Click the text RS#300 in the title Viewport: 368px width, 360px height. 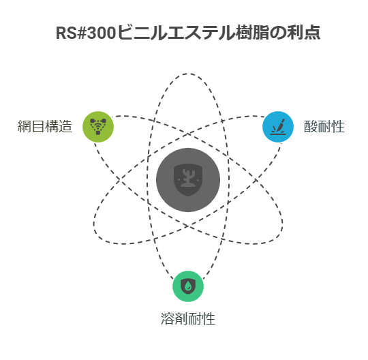click(86, 33)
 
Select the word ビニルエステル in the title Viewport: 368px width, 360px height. click(176, 33)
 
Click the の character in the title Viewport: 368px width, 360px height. click(278, 33)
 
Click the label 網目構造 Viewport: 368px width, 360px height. click(45, 126)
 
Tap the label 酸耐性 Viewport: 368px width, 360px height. click(324, 126)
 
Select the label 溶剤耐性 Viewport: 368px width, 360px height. click(188, 318)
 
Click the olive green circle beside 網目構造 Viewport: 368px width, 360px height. click(98, 127)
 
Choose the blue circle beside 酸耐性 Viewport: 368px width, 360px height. click(278, 127)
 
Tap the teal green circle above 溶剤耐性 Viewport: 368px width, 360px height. click(188, 286)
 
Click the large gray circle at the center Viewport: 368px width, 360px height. click(188, 180)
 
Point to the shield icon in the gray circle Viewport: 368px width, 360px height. click(188, 180)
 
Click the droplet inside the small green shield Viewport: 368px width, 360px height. click(188, 286)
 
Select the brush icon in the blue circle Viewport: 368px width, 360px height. click(278, 127)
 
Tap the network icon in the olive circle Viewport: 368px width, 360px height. click(98, 126)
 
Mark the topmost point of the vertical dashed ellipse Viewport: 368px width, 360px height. click(188, 74)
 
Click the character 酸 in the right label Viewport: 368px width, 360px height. click(311, 126)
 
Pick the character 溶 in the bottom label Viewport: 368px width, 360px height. click(168, 318)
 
